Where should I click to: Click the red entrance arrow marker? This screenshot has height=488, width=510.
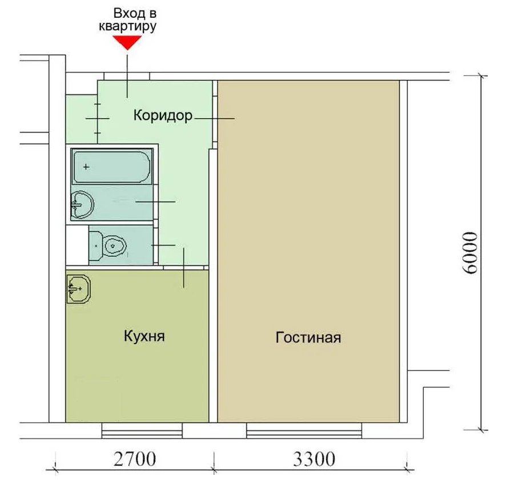click(127, 42)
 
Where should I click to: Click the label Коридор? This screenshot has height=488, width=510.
click(163, 115)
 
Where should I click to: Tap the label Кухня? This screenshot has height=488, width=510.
click(144, 336)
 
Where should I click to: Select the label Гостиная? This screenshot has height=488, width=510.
click(308, 337)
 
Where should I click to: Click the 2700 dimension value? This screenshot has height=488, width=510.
click(135, 459)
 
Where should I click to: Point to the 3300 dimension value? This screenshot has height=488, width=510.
click(314, 459)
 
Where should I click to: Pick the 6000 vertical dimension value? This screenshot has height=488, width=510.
click(469, 253)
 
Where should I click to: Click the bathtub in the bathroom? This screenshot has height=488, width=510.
click(112, 167)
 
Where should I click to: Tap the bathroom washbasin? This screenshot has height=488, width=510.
click(82, 205)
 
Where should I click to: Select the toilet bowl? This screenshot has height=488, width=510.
click(114, 245)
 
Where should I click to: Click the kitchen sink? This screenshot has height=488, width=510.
click(78, 289)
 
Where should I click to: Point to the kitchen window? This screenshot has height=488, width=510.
click(142, 430)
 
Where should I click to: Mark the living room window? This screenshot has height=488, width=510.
click(304, 430)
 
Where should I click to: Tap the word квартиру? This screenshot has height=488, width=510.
click(127, 27)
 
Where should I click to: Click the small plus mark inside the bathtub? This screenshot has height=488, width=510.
click(86, 167)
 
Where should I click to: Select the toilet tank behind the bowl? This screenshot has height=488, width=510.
click(95, 246)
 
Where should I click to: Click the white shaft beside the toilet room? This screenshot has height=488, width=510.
click(77, 245)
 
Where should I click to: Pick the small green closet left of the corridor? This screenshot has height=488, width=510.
click(81, 119)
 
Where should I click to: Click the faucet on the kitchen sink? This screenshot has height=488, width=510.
click(73, 288)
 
